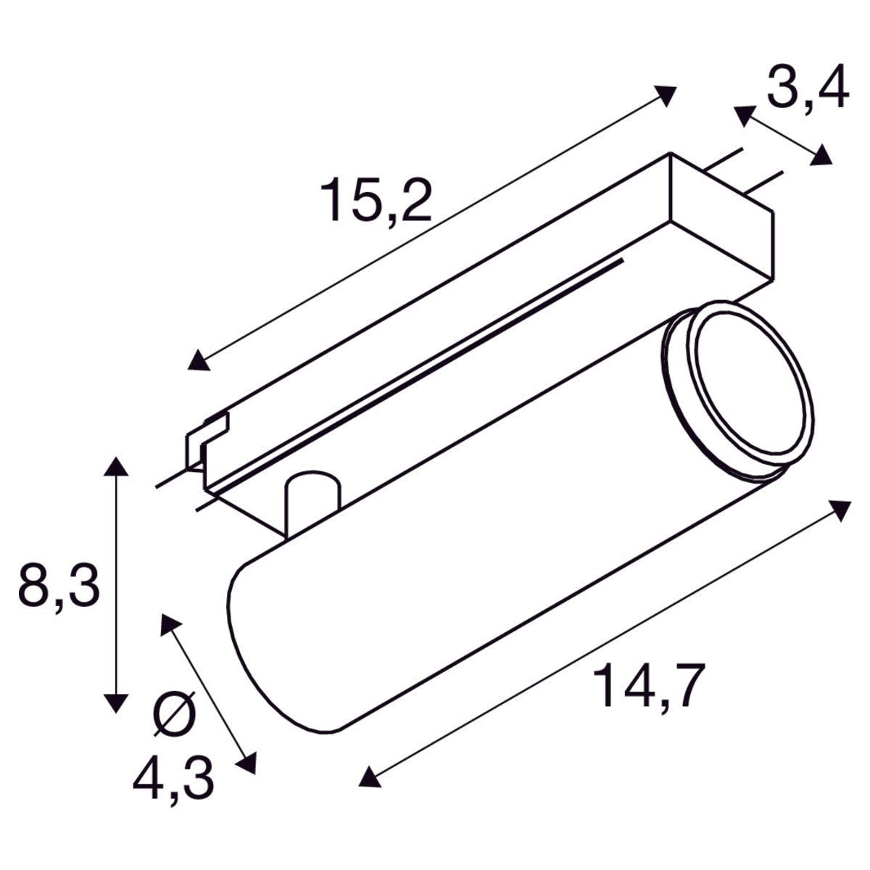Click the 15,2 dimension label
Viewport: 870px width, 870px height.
point(378,201)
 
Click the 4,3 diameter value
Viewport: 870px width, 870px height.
point(174,777)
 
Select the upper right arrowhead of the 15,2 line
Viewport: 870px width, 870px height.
point(665,95)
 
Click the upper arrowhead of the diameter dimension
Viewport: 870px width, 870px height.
point(170,623)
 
